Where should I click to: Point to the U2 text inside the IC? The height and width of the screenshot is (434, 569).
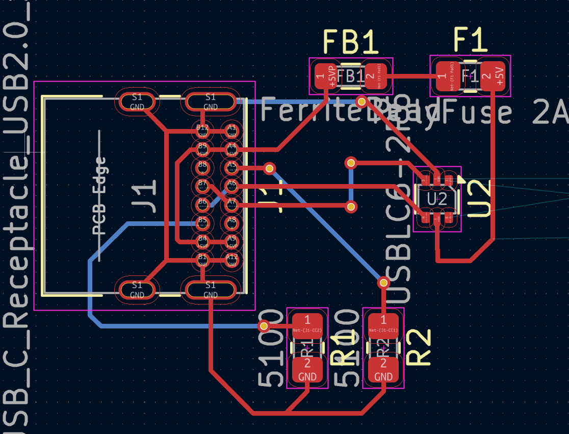pos(437,199)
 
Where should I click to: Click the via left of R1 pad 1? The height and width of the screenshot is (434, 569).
pos(264,325)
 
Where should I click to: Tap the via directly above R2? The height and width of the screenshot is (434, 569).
pos(383,282)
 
